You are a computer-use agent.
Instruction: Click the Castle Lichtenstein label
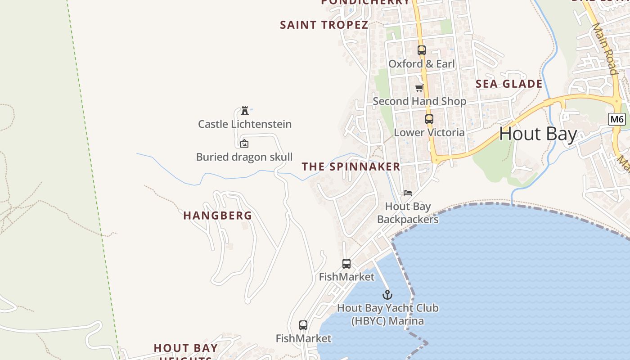pos(245,124)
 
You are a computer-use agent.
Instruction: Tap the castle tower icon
pos(245,110)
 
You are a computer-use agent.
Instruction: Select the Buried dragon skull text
pos(244,157)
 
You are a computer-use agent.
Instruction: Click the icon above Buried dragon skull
pos(244,144)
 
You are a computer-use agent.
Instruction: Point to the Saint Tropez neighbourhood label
pos(324,25)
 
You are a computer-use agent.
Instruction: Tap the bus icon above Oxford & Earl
pos(421,50)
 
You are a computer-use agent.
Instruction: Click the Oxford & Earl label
pos(422,64)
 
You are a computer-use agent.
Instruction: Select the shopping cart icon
pos(419,88)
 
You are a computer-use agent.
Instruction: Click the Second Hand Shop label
pos(419,101)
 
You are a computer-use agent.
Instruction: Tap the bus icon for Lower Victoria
pos(429,119)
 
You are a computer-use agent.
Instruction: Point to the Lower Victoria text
pos(429,133)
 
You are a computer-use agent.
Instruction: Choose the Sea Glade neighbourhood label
pos(509,84)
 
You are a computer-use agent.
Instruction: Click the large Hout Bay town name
pos(538,134)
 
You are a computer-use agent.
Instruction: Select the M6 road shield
pos(616,119)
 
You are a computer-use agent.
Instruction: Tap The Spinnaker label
pos(351,166)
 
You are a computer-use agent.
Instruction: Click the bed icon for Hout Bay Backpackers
pos(408,193)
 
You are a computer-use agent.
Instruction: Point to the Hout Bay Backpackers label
pos(408,213)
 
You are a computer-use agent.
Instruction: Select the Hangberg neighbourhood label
pos(218,216)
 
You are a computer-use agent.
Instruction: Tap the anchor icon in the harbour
pos(387,295)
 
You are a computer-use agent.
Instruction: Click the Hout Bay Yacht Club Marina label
pos(387,315)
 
